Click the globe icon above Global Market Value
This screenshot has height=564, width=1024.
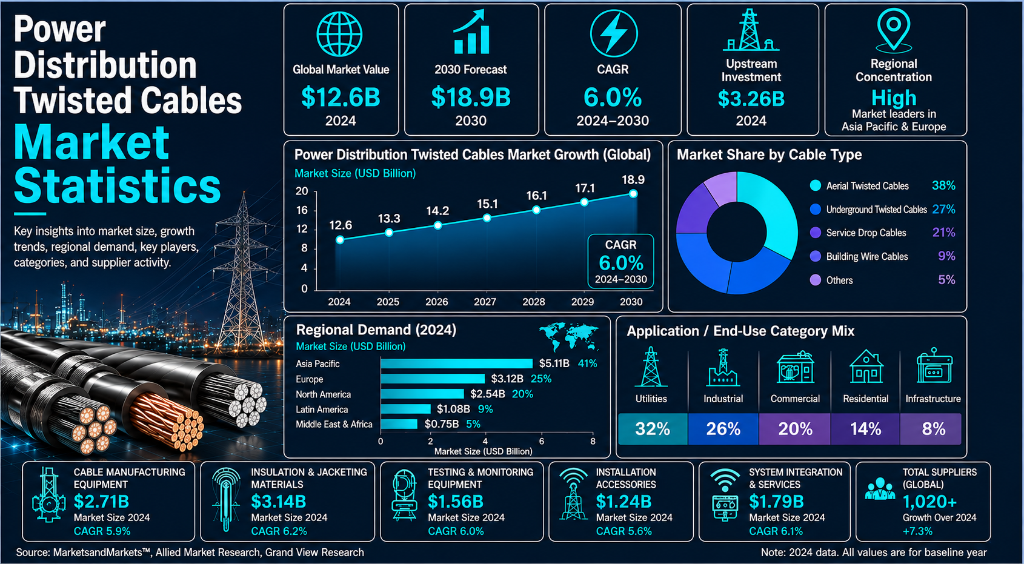pos(340,35)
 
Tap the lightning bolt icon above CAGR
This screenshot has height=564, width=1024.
pos(613,33)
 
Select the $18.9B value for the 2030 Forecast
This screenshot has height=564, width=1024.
pos(471,98)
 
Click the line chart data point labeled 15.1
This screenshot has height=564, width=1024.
pos(487,218)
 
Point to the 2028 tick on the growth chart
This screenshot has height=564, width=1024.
pos(533,302)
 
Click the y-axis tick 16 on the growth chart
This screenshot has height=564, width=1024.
pos(302,210)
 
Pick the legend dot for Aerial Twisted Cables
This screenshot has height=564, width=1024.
pos(815,185)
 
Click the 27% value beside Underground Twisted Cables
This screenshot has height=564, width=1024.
pos(943,210)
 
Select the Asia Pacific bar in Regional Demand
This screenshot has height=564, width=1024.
pos(457,363)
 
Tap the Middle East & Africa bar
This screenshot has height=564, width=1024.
pos(399,424)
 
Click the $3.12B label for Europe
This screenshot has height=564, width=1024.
pos(507,379)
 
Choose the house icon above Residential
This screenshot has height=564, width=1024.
pos(866,367)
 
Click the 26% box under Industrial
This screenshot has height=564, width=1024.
pos(723,429)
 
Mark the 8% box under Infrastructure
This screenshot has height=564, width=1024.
pos(931,429)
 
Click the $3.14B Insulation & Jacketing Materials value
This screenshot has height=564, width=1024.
pos(278,502)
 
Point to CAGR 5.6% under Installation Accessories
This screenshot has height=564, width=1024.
pos(623,531)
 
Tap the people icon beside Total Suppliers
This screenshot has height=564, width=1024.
pos(880,489)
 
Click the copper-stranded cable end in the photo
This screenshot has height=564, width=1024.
pos(167,420)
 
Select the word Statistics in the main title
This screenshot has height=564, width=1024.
pos(118,185)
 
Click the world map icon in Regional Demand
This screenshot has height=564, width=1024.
pos(569,337)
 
